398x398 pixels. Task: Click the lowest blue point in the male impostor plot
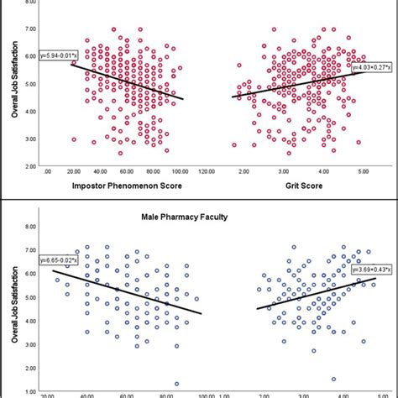[x=176, y=383]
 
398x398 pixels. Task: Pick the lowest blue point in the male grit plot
[x=333, y=379]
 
